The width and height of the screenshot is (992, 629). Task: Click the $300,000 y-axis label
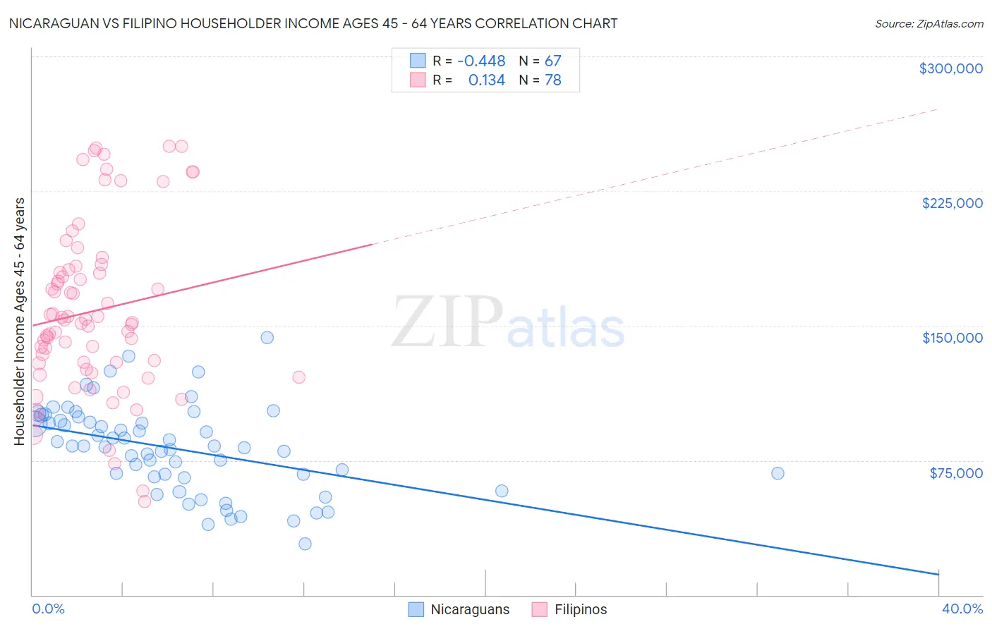tap(950, 68)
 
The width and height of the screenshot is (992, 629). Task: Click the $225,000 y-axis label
tap(952, 203)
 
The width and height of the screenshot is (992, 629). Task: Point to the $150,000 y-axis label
tap(952, 338)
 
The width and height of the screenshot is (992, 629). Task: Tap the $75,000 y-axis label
tap(956, 473)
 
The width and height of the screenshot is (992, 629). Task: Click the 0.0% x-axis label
tap(48, 609)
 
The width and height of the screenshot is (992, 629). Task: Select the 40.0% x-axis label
tap(962, 609)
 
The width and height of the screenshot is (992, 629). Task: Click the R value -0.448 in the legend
tap(481, 61)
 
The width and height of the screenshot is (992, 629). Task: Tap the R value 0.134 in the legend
tap(486, 80)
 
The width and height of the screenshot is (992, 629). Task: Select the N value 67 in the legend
tap(552, 61)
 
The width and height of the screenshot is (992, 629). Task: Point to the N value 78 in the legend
tap(552, 80)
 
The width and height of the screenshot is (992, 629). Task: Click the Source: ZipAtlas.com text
tap(929, 24)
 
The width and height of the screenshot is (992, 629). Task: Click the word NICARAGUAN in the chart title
tap(52, 24)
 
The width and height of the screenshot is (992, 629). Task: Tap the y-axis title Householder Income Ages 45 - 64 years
tap(20, 322)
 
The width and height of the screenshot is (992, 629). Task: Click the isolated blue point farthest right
tap(778, 473)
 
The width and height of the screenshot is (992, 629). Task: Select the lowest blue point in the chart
tap(305, 544)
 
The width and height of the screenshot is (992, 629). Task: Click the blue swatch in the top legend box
tap(418, 61)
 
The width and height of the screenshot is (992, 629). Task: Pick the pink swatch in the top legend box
tap(418, 80)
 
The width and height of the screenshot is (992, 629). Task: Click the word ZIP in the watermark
tap(447, 322)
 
